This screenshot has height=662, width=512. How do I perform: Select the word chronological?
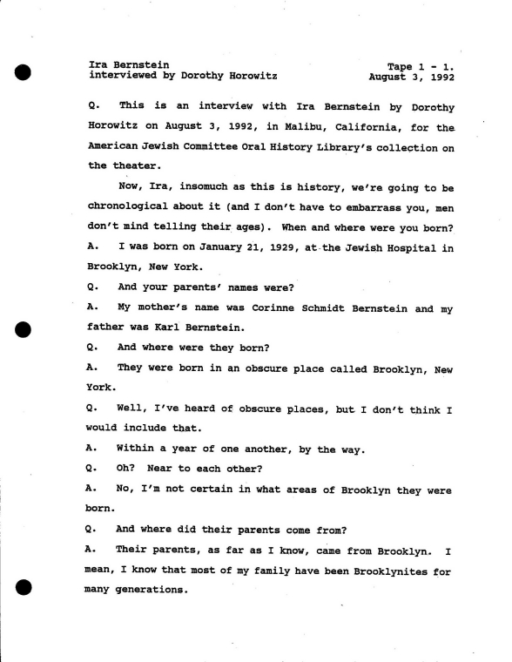[131, 207]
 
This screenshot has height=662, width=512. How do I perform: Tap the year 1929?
[284, 247]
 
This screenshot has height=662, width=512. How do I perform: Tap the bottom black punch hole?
[24, 587]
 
